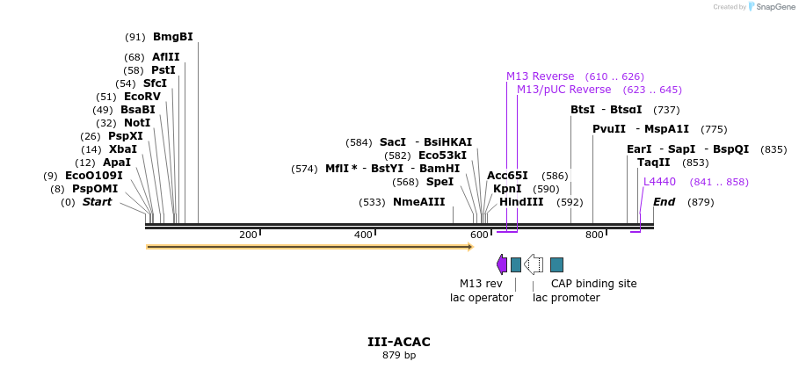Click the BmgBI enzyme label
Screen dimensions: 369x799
tap(172, 37)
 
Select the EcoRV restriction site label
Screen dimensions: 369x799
tap(142, 97)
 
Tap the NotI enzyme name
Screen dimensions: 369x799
tap(136, 123)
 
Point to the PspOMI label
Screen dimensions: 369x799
tap(94, 189)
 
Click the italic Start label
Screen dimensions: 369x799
tap(97, 202)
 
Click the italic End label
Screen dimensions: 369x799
tap(665, 202)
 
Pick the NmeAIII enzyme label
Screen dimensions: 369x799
tap(418, 202)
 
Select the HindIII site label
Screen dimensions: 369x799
tap(521, 202)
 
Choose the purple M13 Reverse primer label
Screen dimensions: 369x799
tap(540, 76)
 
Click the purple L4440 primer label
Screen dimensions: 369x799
tap(659, 182)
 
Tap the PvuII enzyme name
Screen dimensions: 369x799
tap(608, 129)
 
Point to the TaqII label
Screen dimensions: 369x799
tap(654, 163)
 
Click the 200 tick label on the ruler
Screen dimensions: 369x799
tap(247, 235)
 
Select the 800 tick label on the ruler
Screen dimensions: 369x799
tap(593, 235)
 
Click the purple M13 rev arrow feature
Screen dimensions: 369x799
tap(502, 264)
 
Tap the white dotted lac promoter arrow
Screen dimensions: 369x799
tap(534, 264)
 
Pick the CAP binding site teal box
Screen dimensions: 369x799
tap(556, 264)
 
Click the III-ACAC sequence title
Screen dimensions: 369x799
tap(398, 341)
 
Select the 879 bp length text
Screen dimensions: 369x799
tap(398, 355)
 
